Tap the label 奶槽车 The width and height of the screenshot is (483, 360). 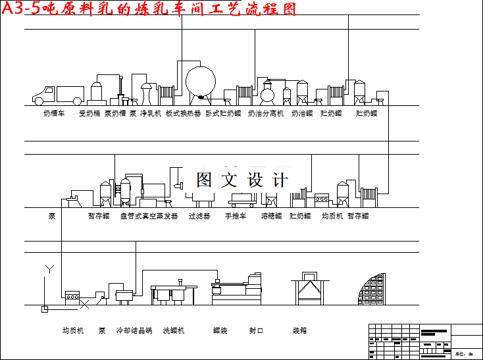tap(54, 114)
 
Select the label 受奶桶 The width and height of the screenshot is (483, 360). tap(89, 114)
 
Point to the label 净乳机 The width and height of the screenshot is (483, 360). tap(151, 114)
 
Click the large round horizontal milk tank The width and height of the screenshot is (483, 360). tap(200, 82)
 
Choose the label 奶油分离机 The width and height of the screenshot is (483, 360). tap(266, 114)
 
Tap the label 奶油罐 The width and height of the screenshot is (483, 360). tap(302, 114)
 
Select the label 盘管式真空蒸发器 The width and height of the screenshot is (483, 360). tap(149, 216)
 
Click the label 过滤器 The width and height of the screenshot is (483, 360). tap(199, 216)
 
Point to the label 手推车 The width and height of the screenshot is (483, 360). tap(236, 216)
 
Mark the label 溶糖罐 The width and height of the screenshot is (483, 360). tap(271, 216)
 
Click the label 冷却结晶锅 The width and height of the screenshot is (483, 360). tap(134, 330)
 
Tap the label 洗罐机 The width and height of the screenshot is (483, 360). tap(174, 330)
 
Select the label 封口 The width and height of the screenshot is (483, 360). tap(256, 330)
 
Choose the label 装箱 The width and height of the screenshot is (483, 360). tap(300, 330)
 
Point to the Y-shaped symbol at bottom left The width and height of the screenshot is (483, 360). tap(48, 269)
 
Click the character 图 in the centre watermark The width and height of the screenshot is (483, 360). tap(205, 180)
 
